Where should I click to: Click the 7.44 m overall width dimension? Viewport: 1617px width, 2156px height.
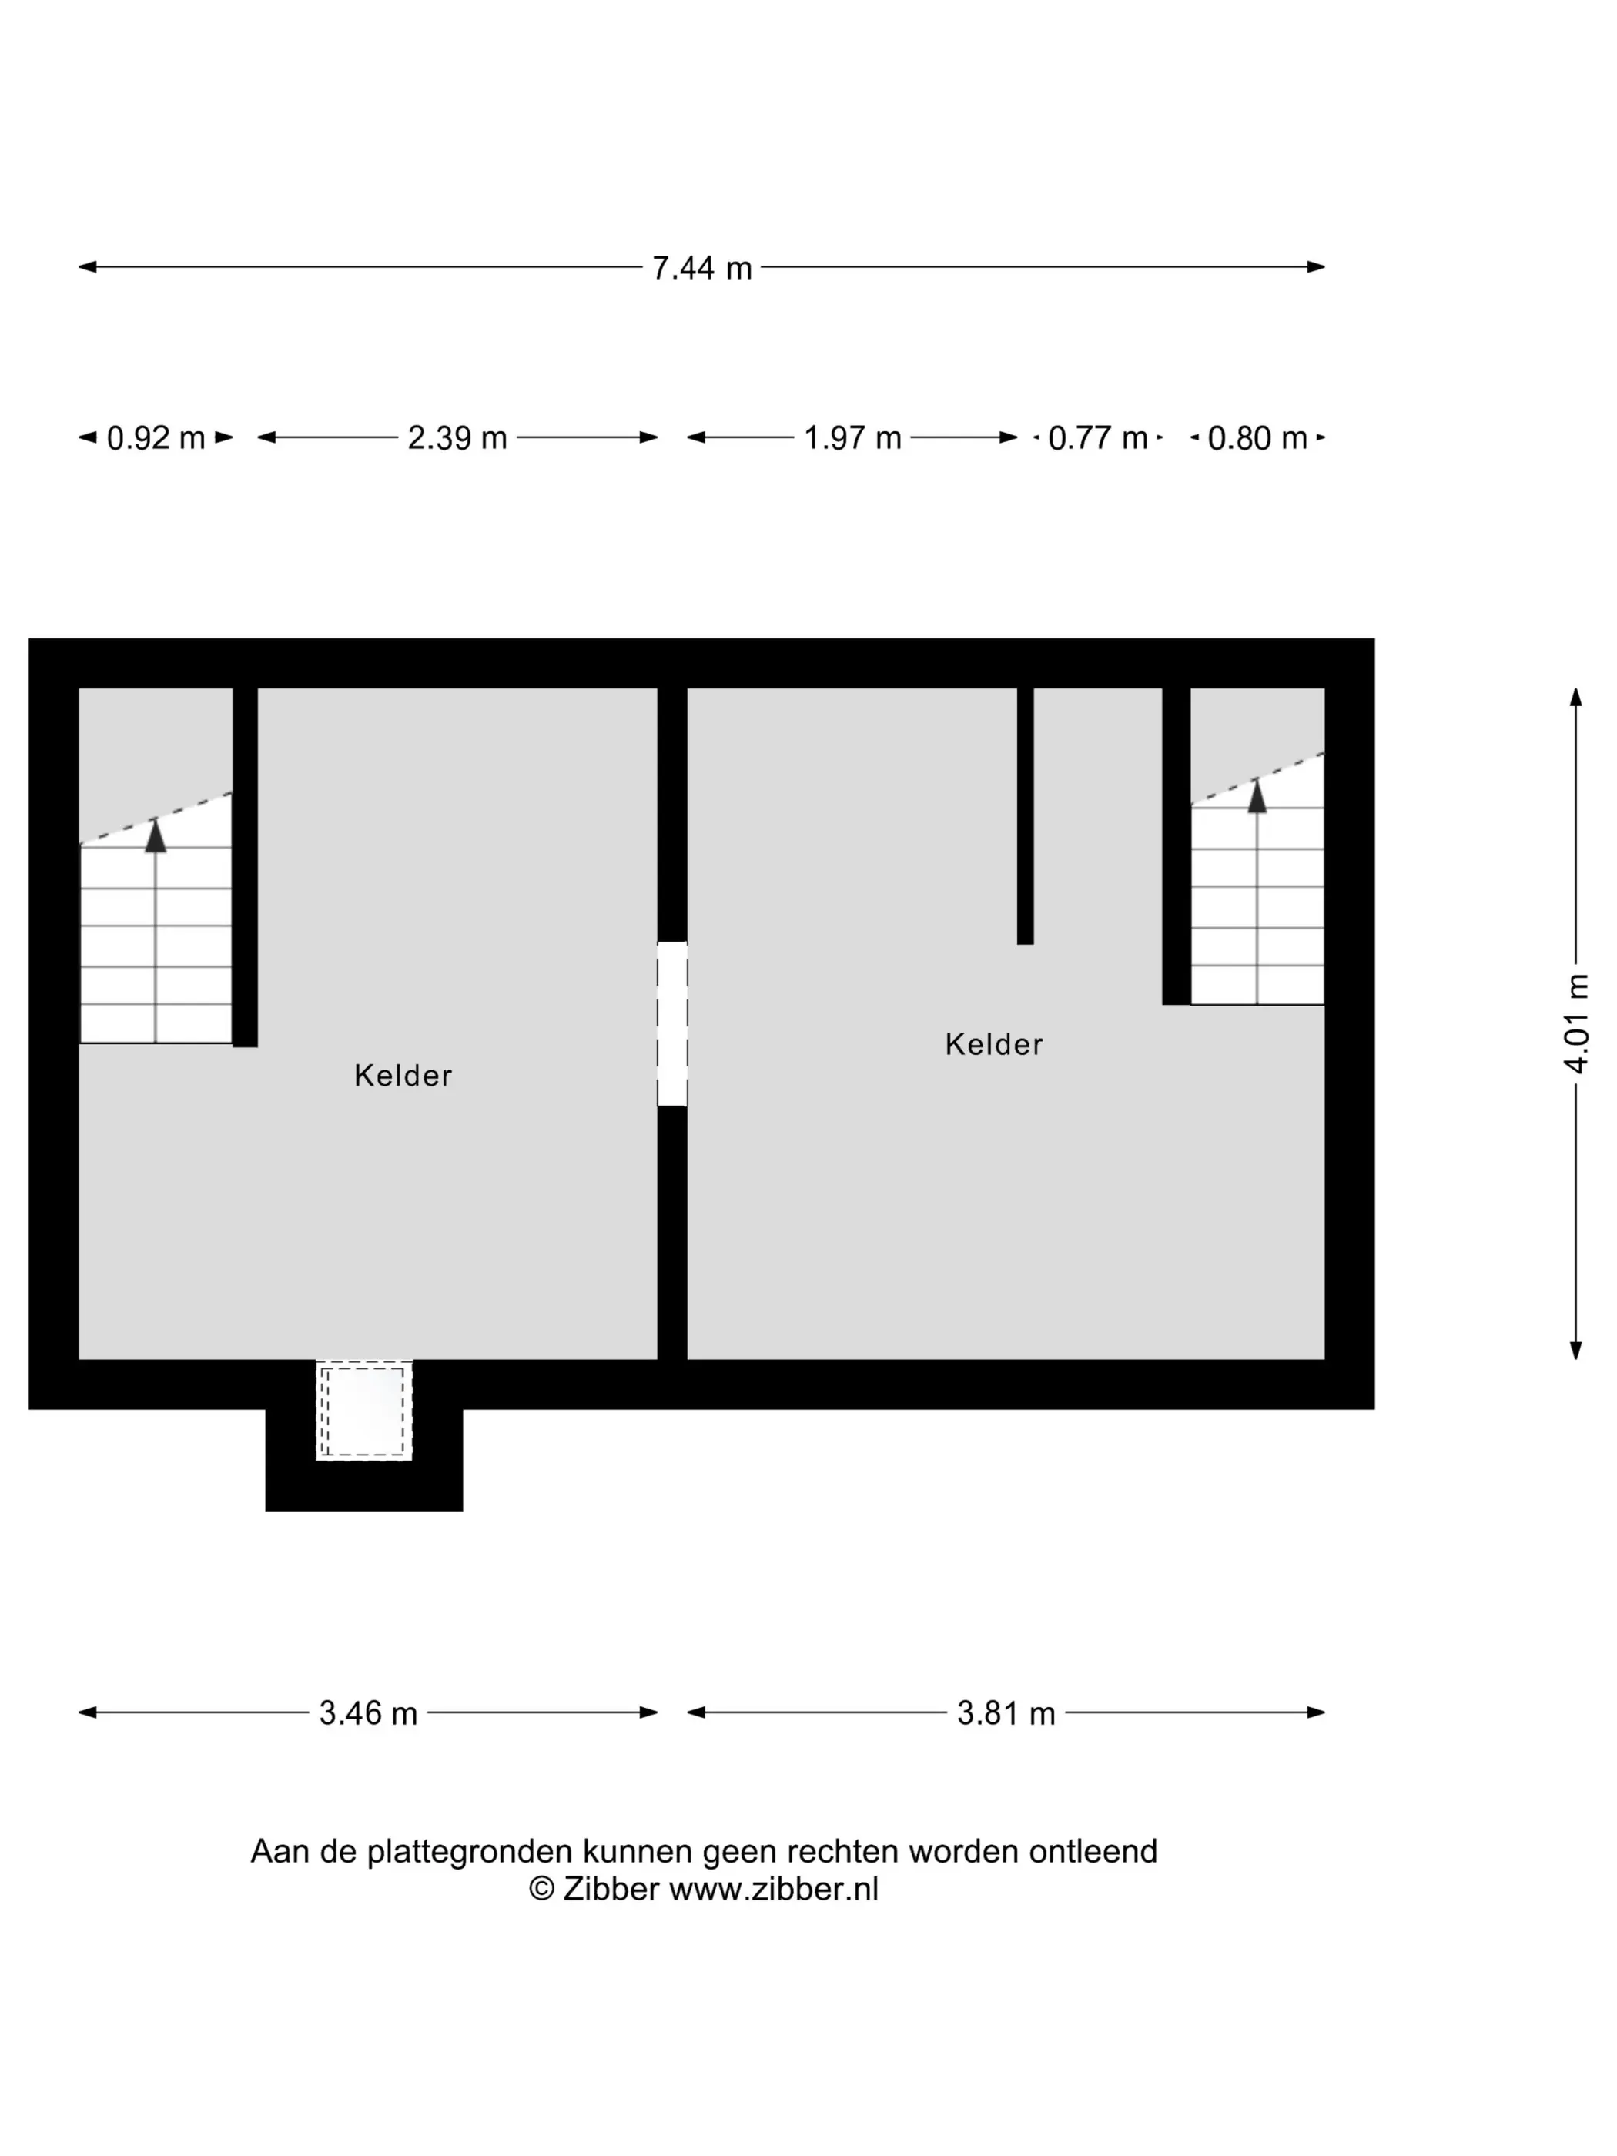701,267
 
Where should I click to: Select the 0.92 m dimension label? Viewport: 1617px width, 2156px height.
156,437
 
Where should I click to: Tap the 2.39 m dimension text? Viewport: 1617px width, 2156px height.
457,437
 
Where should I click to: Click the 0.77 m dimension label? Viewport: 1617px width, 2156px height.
1097,437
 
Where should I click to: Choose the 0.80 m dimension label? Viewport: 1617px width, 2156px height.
1257,437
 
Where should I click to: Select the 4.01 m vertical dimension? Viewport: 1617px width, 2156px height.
1576,1023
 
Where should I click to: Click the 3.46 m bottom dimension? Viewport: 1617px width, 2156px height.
368,1712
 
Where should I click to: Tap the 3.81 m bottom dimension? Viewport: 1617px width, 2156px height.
1006,1712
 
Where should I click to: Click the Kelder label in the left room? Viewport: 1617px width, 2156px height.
403,1075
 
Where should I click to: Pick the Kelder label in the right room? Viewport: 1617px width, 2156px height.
993,1044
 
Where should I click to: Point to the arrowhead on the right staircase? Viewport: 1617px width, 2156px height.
1257,795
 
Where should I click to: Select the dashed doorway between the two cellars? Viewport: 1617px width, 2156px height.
671,1023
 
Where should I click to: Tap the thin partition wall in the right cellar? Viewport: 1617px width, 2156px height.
1026,815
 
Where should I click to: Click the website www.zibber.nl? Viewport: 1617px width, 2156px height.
773,1889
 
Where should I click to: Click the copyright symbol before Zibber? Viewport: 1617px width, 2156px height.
541,1889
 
